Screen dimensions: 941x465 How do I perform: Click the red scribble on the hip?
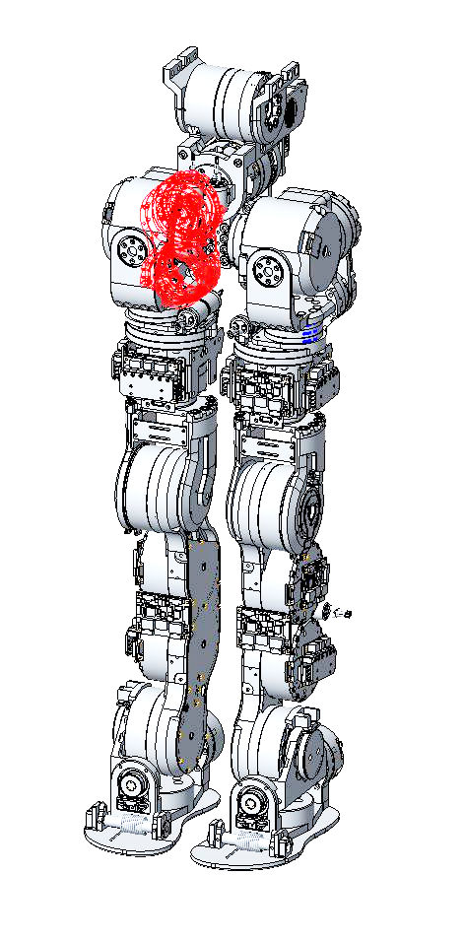[179, 236]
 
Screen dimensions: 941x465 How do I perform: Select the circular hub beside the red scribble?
[129, 250]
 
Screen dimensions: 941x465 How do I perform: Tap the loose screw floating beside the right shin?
[344, 614]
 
